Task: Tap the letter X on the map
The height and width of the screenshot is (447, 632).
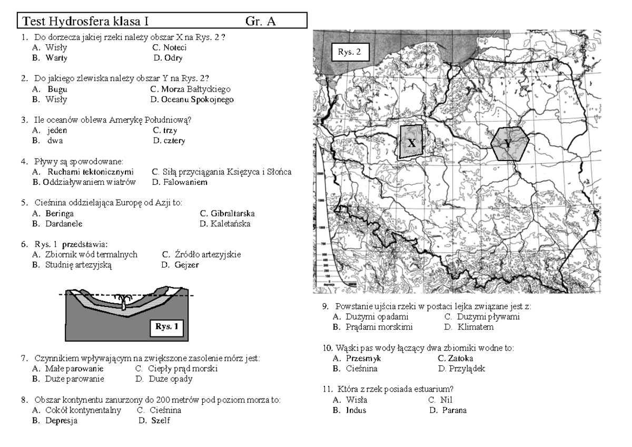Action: pos(412,143)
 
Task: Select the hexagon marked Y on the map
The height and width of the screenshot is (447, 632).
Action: pos(509,143)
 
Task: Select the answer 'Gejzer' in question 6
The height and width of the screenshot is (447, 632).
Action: pos(187,264)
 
